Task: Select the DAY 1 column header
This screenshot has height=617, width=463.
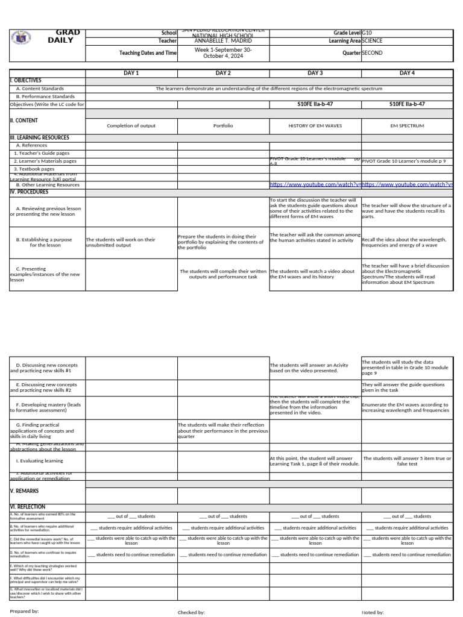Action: [x=131, y=73]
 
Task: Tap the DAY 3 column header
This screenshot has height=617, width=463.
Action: [x=315, y=73]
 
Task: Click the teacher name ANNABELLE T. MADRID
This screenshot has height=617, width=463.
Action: [x=223, y=41]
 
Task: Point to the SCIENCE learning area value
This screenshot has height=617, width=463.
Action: [x=372, y=41]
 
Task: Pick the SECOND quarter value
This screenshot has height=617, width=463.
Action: [x=372, y=53]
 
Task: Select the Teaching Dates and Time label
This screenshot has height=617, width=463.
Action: [x=148, y=53]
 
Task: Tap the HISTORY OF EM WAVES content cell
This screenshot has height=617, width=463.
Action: [x=315, y=126]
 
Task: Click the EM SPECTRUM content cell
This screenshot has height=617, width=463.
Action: [x=408, y=126]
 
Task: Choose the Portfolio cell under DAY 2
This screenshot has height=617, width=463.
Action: [x=223, y=126]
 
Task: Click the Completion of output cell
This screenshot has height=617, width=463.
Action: [x=131, y=126]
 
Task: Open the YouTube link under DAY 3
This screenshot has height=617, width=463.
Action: [x=315, y=185]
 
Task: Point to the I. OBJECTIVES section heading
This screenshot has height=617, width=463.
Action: [x=26, y=80]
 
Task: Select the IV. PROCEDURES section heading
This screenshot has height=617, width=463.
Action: [x=29, y=192]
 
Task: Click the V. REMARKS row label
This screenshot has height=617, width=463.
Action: [x=25, y=491]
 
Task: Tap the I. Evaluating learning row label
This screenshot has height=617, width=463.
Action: [x=40, y=461]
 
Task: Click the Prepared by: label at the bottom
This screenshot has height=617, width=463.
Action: [x=25, y=611]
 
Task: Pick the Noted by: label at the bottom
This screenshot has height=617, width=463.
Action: [x=373, y=612]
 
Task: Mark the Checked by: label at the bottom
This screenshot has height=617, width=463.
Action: [x=191, y=612]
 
